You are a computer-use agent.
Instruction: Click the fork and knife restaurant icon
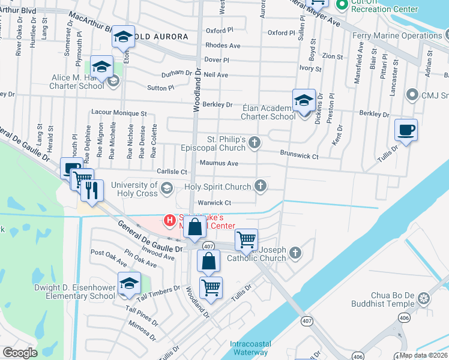pyautogui.click(x=92, y=190)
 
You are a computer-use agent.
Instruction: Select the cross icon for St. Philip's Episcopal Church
pyautogui.click(x=255, y=143)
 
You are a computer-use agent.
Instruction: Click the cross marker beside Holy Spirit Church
pyautogui.click(x=261, y=186)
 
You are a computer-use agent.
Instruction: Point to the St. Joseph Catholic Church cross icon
pyautogui.click(x=295, y=253)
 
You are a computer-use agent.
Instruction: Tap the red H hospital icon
pyautogui.click(x=170, y=220)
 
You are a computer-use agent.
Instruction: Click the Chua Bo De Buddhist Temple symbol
pyautogui.click(x=424, y=298)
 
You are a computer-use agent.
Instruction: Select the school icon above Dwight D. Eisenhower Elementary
pyautogui.click(x=129, y=284)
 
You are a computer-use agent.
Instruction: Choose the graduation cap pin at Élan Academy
pyautogui.click(x=304, y=100)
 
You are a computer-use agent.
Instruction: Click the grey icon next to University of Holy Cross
pyautogui.click(x=166, y=189)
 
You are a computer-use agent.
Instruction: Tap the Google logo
pyautogui.click(x=20, y=353)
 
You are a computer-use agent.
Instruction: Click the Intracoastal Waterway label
pyautogui.click(x=250, y=348)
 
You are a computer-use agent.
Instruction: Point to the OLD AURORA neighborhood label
pyautogui.click(x=160, y=37)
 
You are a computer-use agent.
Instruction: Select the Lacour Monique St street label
pyautogui.click(x=118, y=113)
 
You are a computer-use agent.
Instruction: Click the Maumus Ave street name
pyautogui.click(x=219, y=163)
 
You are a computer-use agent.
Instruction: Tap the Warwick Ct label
pyautogui.click(x=214, y=203)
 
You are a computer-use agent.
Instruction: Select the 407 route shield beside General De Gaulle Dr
pyautogui.click(x=208, y=246)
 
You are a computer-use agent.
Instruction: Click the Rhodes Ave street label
pyautogui.click(x=222, y=46)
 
